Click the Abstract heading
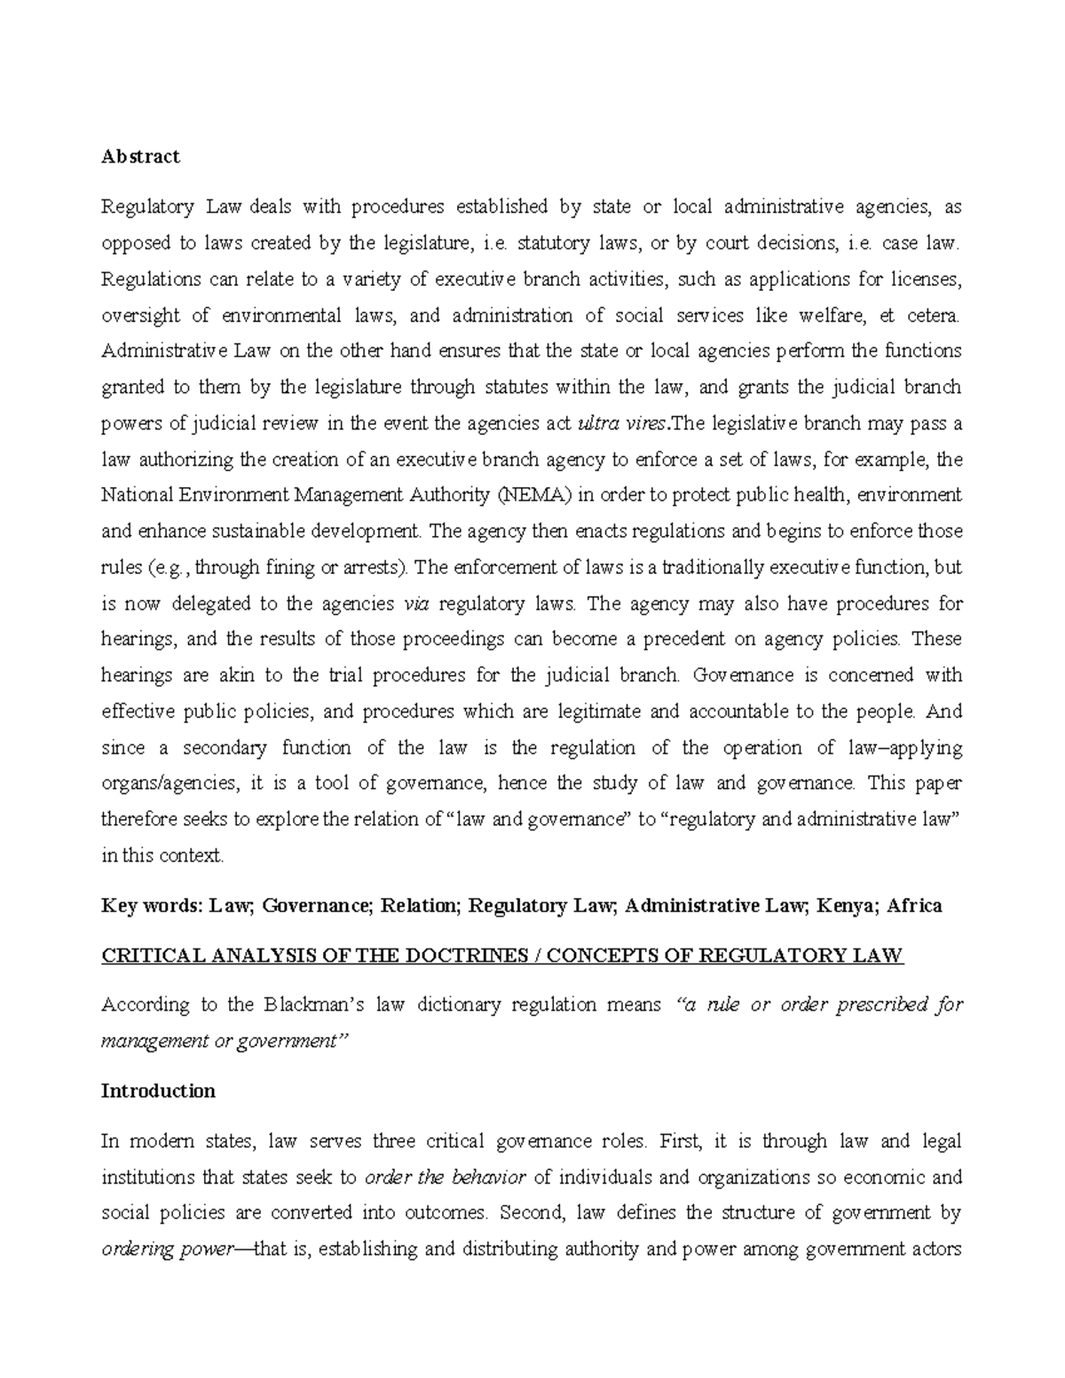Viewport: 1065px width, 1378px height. pyautogui.click(x=140, y=157)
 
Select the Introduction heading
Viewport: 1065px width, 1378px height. pyautogui.click(x=158, y=1091)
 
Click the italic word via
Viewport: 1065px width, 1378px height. pyautogui.click(x=415, y=604)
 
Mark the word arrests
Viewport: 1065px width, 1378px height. pyautogui.click(x=375, y=568)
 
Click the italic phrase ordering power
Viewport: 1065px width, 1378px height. pyautogui.click(x=164, y=1250)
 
